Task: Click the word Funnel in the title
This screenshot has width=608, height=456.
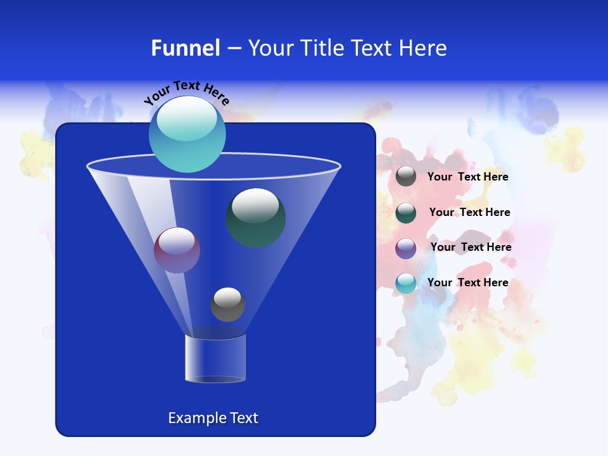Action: tap(186, 48)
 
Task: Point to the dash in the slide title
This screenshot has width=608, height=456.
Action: tap(233, 49)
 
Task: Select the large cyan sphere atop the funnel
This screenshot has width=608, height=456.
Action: tap(187, 134)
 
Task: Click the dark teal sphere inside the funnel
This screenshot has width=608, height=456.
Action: tap(256, 217)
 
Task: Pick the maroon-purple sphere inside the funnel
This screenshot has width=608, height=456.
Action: tap(177, 250)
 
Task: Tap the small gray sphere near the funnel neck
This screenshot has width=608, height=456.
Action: tap(227, 304)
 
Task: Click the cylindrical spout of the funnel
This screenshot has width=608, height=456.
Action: tap(215, 358)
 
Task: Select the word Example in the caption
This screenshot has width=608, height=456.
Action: tap(197, 418)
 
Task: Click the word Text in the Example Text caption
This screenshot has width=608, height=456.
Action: tap(244, 418)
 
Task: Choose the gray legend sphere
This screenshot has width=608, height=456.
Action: tap(406, 177)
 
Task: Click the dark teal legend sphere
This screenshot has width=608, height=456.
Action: tap(406, 212)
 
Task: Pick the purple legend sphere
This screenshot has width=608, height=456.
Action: tap(406, 248)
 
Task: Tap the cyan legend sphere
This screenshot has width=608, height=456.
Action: tap(406, 283)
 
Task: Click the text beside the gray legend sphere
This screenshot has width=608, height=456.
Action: tap(467, 177)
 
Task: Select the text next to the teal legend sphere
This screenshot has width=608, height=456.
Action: tap(469, 212)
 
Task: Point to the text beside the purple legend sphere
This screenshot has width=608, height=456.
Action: tap(471, 247)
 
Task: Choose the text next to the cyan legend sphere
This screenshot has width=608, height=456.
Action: tap(467, 282)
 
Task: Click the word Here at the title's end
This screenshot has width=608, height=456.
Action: tap(424, 48)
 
